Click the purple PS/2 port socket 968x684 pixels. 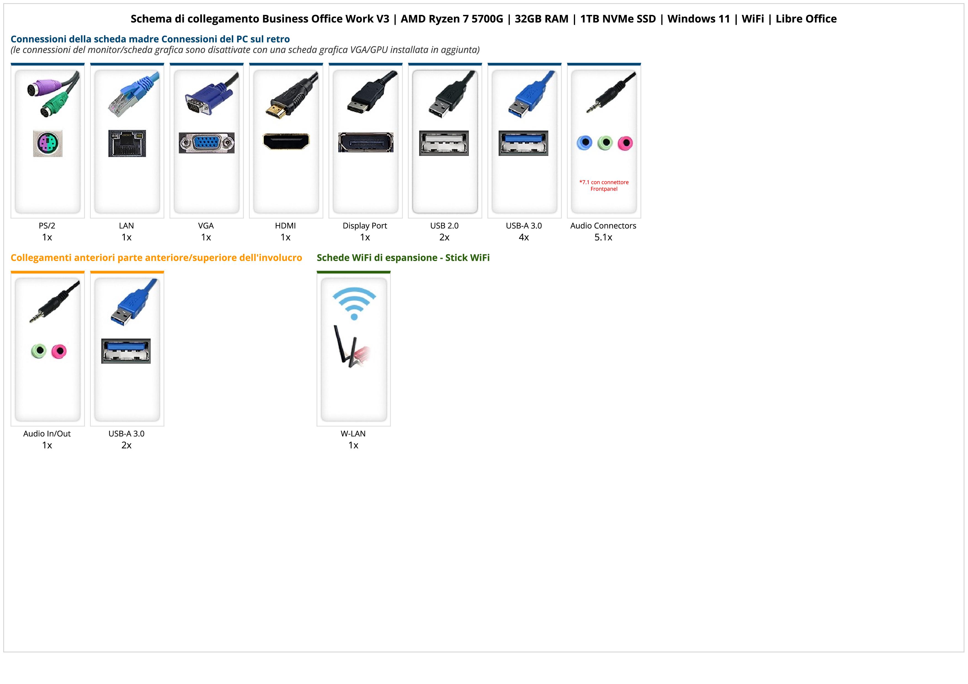point(48,144)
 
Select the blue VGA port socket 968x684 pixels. point(206,143)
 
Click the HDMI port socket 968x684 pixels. point(286,142)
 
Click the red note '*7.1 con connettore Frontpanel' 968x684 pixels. point(604,185)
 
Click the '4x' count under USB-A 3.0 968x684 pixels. point(524,237)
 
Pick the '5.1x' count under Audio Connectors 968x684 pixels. point(603,237)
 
